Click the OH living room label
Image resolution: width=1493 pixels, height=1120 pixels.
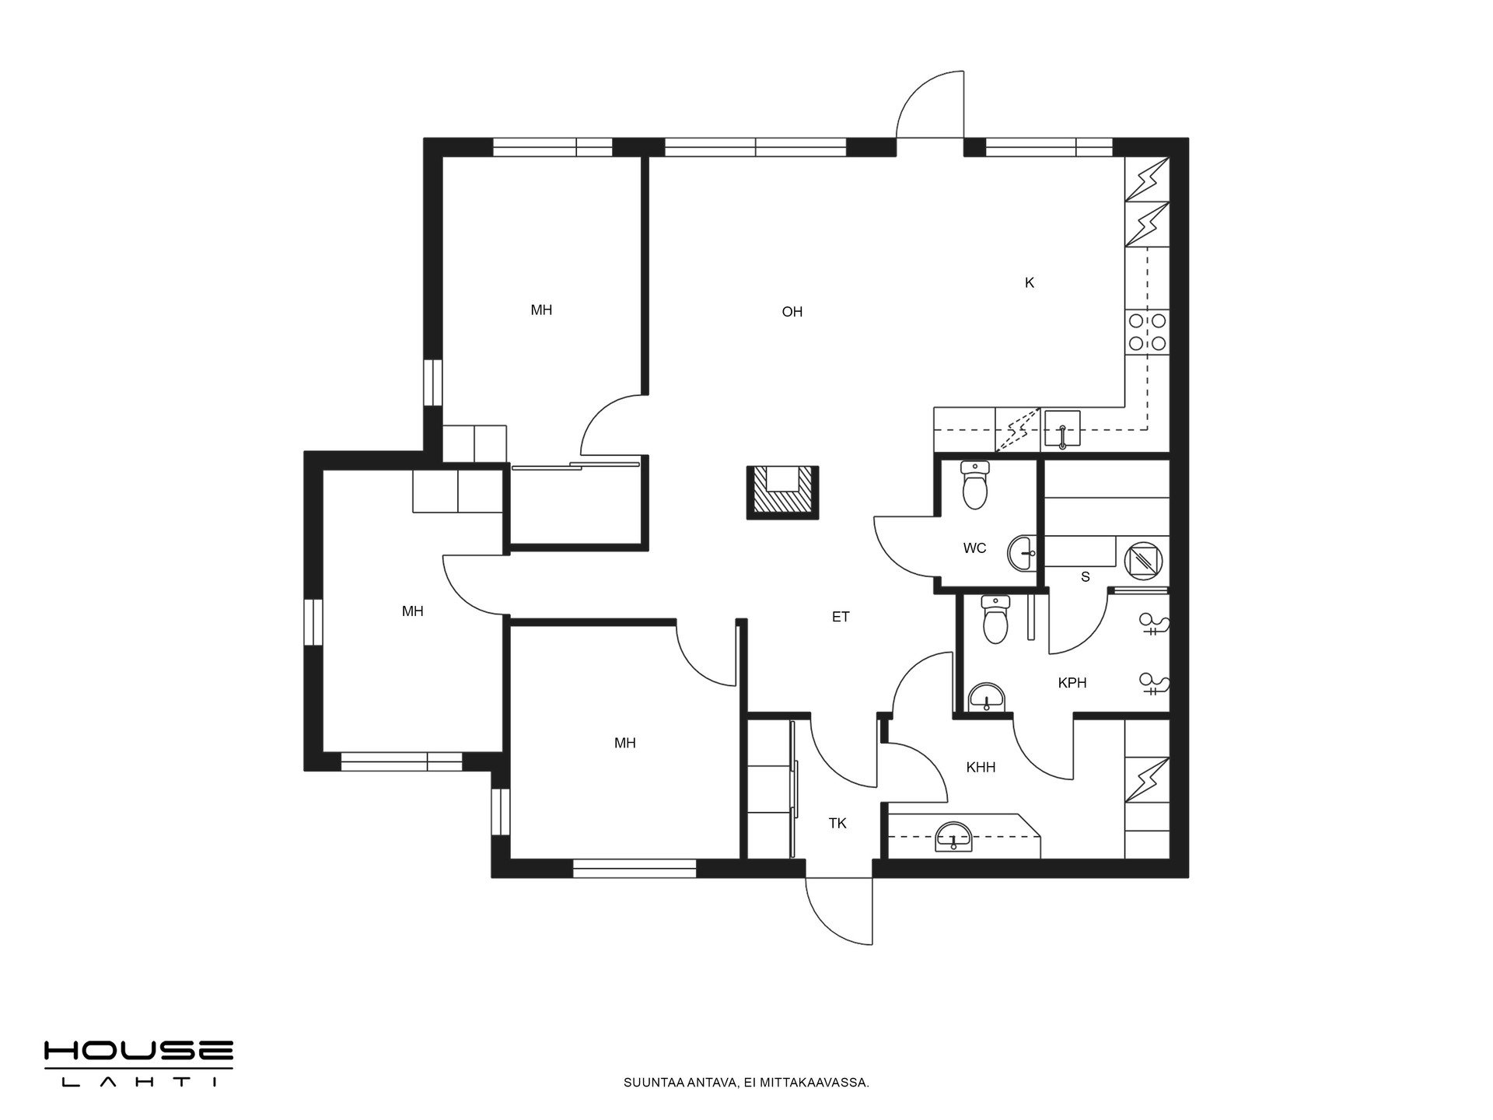click(792, 312)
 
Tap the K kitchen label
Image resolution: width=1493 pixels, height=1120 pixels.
click(1030, 283)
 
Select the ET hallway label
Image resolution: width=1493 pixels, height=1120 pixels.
click(841, 617)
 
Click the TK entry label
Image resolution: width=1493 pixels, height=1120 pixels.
click(837, 823)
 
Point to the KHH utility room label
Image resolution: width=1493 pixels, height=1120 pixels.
click(981, 768)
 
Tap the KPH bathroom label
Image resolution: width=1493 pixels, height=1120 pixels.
click(1072, 683)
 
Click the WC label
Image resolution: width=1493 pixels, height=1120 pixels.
click(974, 548)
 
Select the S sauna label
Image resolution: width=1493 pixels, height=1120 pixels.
click(1086, 577)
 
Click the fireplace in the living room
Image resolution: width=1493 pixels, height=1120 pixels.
click(782, 492)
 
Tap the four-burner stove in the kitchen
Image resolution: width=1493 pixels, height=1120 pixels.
click(1147, 331)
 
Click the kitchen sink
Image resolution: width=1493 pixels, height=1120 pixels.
click(1062, 429)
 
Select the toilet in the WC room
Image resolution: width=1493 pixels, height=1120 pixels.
click(974, 485)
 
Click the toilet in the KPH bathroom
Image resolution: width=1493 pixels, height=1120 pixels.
click(994, 620)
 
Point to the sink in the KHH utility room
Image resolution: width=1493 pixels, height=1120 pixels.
click(953, 836)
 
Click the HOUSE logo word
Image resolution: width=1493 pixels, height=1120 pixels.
click(138, 1052)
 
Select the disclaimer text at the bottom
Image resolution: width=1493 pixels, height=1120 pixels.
click(746, 1082)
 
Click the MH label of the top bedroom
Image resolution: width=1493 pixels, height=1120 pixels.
click(541, 310)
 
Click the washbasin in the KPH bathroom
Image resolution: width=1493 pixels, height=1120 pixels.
click(987, 698)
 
